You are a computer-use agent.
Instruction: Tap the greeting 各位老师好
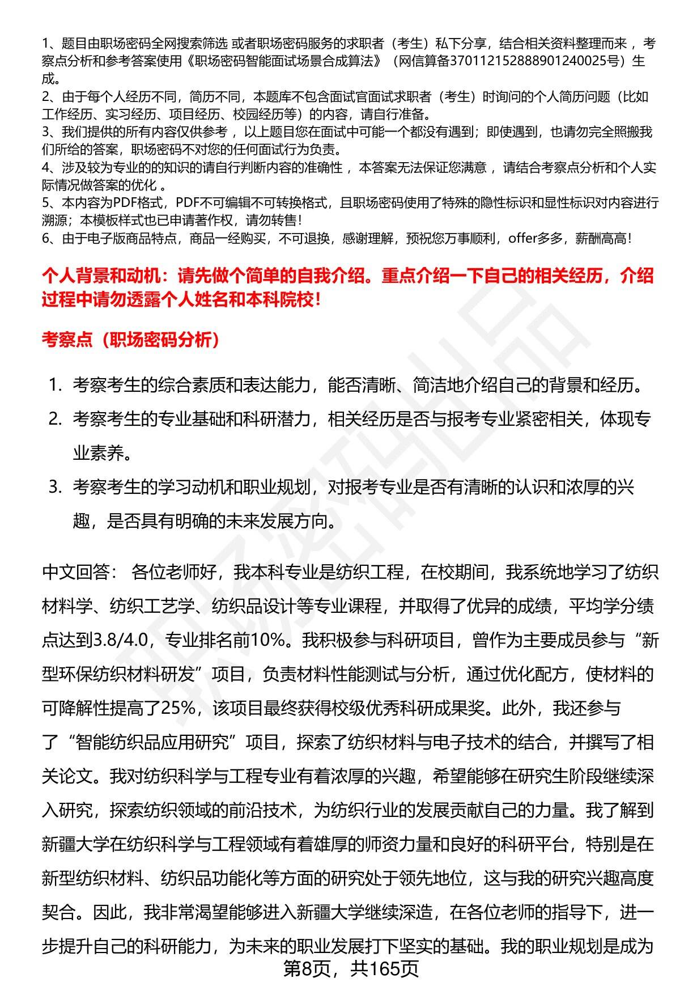(173, 572)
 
